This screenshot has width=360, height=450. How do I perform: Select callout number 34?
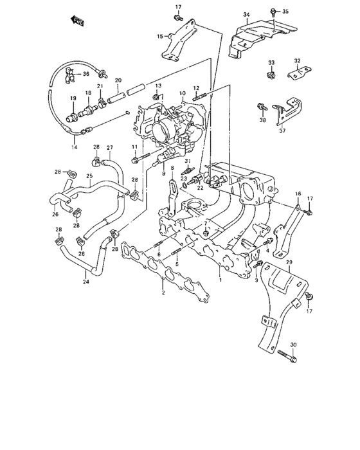pyautogui.click(x=246, y=14)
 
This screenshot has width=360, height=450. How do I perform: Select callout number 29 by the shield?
pyautogui.click(x=289, y=262)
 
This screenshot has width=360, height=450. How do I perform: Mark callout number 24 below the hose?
pyautogui.click(x=85, y=281)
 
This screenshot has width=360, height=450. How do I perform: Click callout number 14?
pyautogui.click(x=74, y=147)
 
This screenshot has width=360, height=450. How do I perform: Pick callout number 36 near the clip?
pyautogui.click(x=86, y=74)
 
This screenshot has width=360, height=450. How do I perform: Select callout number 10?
pyautogui.click(x=183, y=93)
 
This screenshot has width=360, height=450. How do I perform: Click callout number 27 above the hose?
pyautogui.click(x=109, y=147)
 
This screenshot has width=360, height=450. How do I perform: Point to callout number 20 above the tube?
pyautogui.click(x=118, y=80)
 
